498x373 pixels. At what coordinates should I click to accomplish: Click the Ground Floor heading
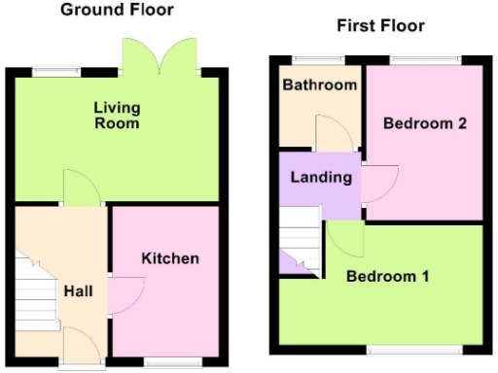[x=117, y=11]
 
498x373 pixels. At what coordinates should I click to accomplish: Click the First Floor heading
[x=380, y=26]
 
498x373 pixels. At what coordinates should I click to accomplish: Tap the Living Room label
[x=117, y=115]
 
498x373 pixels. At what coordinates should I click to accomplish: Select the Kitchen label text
[x=170, y=258]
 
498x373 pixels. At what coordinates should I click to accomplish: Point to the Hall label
[x=79, y=290]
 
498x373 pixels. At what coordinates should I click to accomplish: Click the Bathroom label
[x=319, y=85]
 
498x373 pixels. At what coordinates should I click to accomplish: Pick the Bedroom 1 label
[x=389, y=276]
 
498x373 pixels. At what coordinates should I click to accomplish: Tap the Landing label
[x=313, y=178]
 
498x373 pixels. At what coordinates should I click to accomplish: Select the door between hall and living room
[x=82, y=187]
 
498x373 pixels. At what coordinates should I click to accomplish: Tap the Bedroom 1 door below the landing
[x=344, y=236]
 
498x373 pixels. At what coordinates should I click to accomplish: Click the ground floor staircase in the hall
[x=32, y=291]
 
